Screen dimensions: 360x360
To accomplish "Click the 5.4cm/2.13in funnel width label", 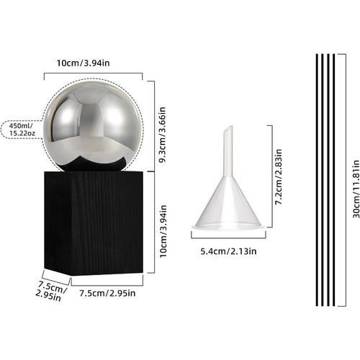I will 228,251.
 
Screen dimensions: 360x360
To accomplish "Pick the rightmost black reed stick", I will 333,180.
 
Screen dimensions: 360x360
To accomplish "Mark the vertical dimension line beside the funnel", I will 271,176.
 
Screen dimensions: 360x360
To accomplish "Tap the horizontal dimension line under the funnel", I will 228,239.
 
